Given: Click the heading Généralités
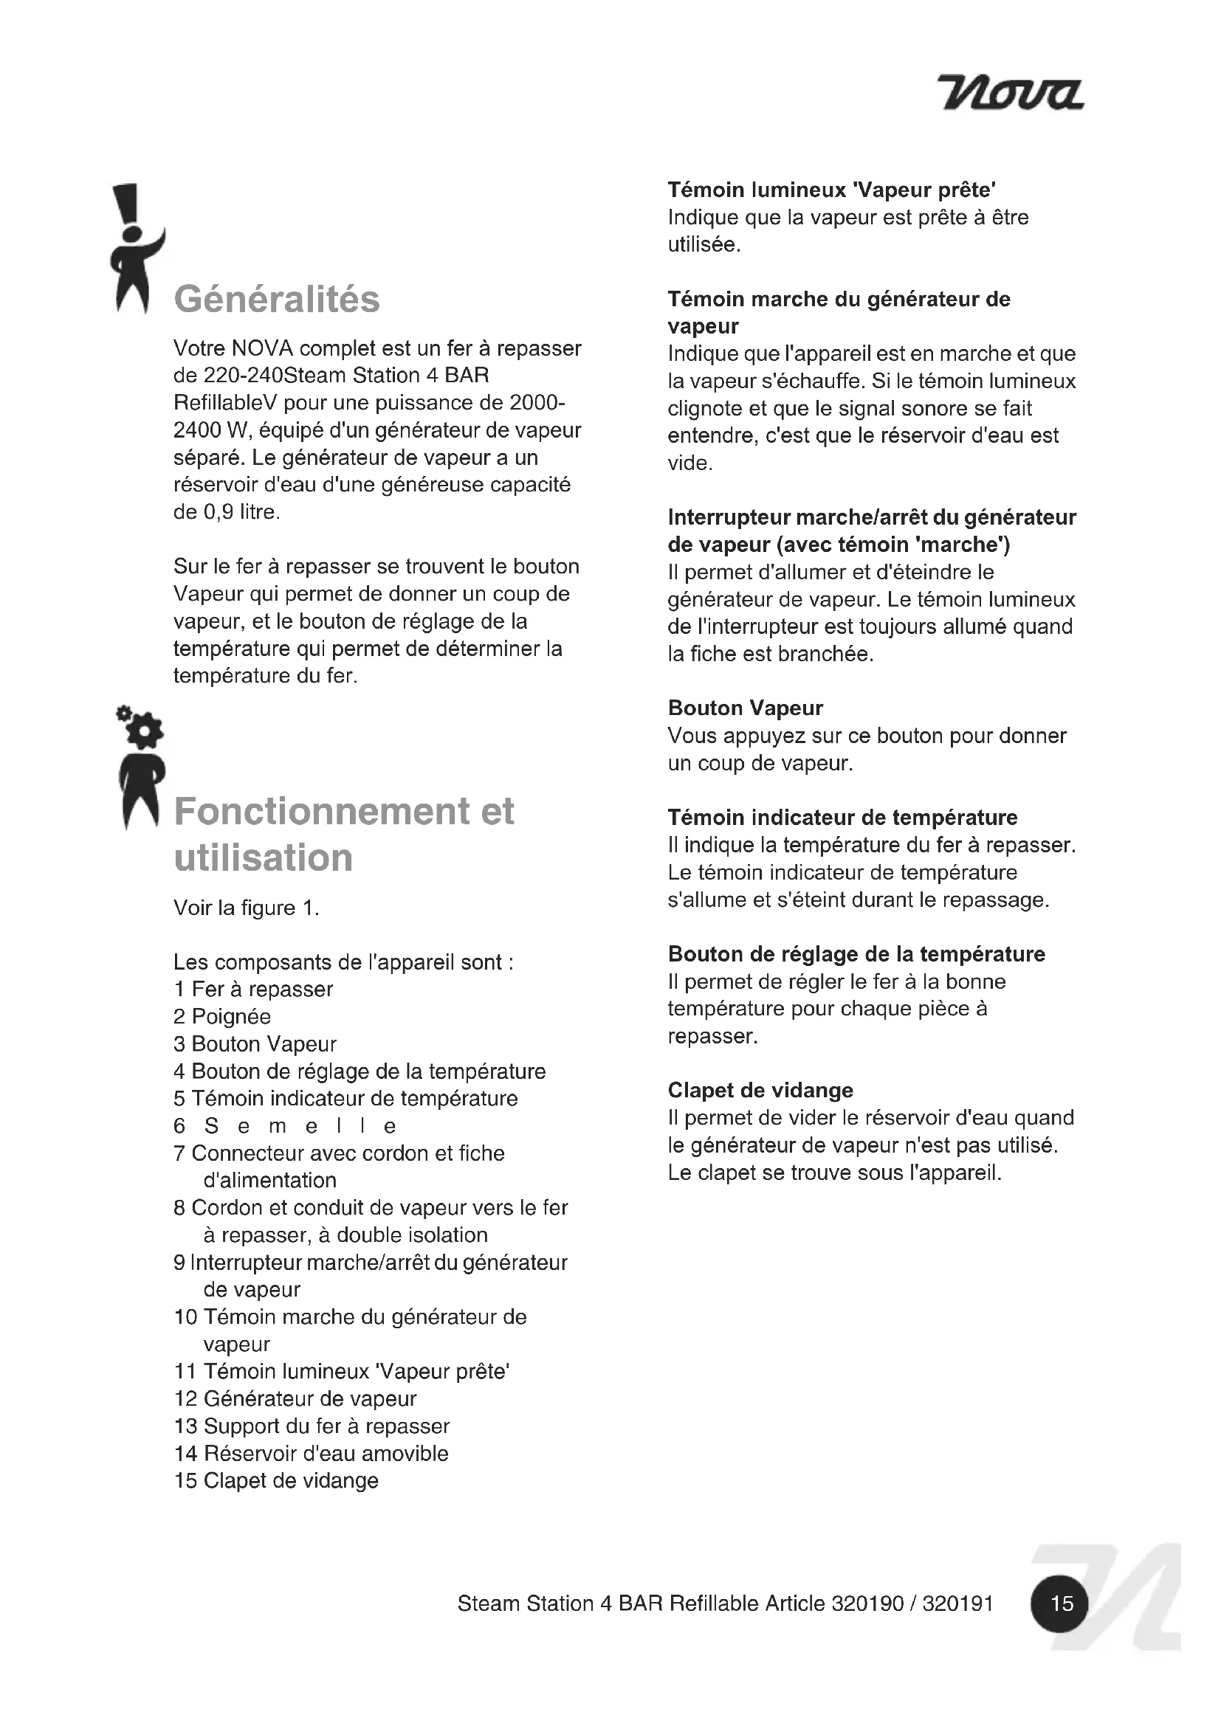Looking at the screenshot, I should [x=277, y=299].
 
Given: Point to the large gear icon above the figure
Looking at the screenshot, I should [x=146, y=730].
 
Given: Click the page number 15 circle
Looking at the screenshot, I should [x=1061, y=1604].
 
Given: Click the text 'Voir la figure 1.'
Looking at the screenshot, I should [x=247, y=908].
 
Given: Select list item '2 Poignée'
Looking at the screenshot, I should [x=221, y=1017].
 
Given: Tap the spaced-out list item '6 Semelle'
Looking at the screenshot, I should [x=286, y=1126].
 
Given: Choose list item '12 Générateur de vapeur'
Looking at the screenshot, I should [x=295, y=1399].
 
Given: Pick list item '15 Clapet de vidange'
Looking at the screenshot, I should [x=276, y=1481].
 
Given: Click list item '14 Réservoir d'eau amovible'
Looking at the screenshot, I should [x=312, y=1454].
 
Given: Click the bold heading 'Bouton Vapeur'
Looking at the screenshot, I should [x=745, y=708].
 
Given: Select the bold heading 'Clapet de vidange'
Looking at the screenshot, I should [x=760, y=1091].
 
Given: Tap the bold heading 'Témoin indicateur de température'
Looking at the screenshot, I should [x=842, y=818].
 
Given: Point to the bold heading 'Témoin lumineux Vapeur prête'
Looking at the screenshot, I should [x=831, y=190].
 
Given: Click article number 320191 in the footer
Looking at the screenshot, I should [x=957, y=1604].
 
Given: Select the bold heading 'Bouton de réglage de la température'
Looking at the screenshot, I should [x=856, y=955].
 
